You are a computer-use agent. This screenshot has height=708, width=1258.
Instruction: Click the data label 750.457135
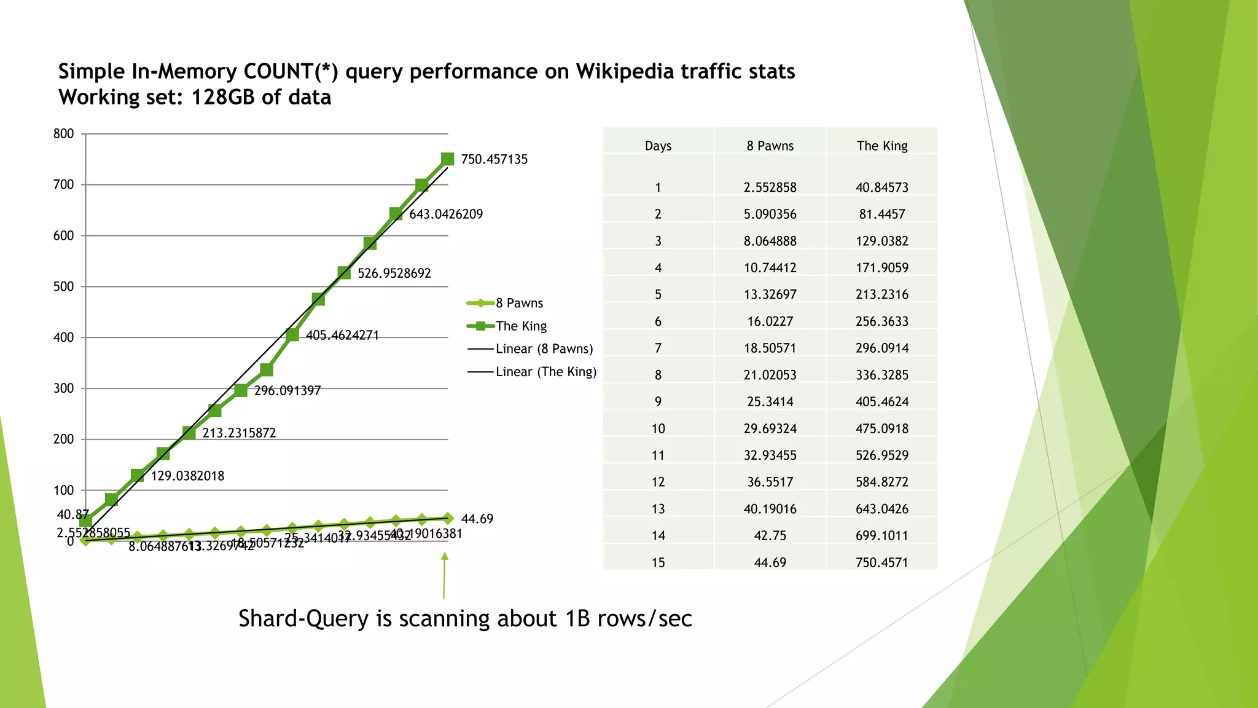tap(494, 159)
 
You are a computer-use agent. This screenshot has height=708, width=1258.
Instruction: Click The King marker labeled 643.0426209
tap(396, 214)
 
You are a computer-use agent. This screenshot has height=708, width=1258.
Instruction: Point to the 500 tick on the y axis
tap(63, 286)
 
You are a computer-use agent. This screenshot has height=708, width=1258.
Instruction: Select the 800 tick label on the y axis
tap(63, 134)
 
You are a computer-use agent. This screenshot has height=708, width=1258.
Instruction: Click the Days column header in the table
tap(658, 146)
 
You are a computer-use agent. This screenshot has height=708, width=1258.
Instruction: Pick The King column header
tap(881, 146)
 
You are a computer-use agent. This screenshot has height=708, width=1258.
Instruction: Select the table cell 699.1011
tap(881, 536)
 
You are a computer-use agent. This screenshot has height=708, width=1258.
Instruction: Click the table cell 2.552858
tap(770, 187)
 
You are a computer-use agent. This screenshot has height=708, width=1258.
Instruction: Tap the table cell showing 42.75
tap(770, 536)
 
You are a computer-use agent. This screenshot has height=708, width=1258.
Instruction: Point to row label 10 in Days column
tap(658, 428)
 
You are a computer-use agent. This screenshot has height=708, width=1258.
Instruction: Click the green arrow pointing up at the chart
tap(444, 575)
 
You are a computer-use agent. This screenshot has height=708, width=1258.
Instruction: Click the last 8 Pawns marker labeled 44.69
tap(448, 519)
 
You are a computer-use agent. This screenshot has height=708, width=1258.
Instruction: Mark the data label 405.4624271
tap(342, 336)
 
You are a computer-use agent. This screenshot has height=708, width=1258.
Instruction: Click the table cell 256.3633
tap(881, 321)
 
